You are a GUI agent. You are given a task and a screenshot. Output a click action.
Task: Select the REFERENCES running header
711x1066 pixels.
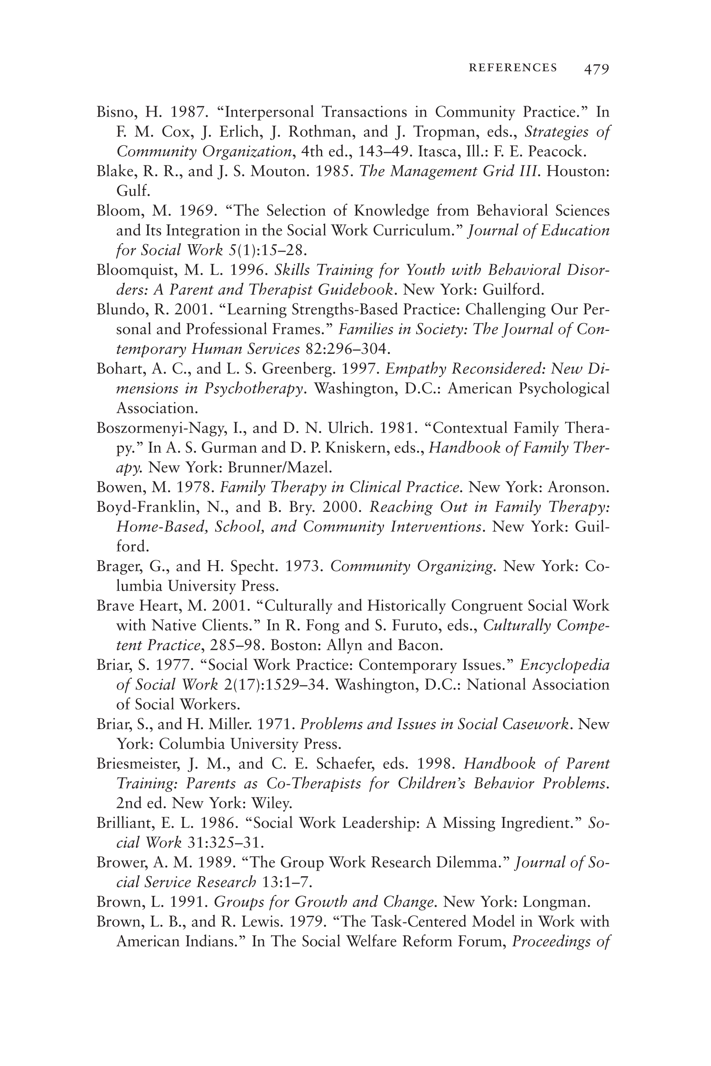coord(513,68)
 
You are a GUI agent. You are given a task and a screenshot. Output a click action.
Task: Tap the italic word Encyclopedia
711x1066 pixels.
coord(565,665)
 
